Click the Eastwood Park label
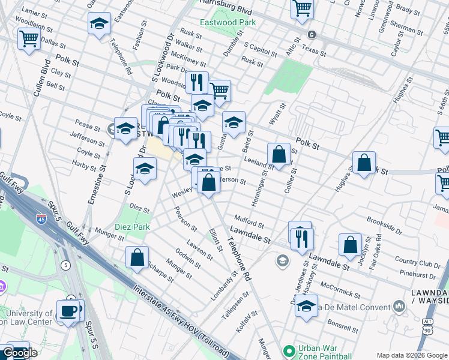click(228, 22)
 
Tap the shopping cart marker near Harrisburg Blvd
click(303, 8)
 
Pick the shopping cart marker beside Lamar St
click(29, 39)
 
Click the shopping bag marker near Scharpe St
click(137, 256)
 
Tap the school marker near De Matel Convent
click(306, 305)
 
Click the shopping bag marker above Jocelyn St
click(350, 244)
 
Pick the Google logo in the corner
click(20, 353)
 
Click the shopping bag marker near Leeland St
click(279, 154)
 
